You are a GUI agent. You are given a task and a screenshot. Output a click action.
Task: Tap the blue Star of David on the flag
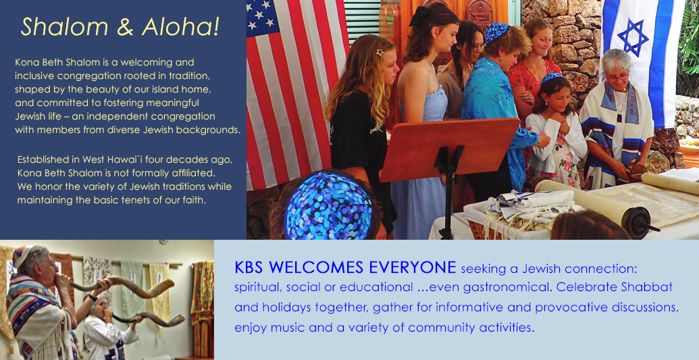click(x=633, y=37)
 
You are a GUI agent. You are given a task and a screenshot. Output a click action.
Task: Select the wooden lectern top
click(x=449, y=149)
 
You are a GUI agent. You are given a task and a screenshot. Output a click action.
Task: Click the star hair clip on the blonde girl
click(x=380, y=52)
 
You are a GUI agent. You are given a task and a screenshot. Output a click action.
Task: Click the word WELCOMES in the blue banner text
click(x=317, y=267)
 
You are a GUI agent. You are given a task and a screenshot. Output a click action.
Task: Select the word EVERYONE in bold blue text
click(x=411, y=267)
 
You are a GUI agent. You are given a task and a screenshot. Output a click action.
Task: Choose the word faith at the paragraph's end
click(x=195, y=200)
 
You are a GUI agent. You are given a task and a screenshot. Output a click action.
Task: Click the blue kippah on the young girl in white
click(x=553, y=77)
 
